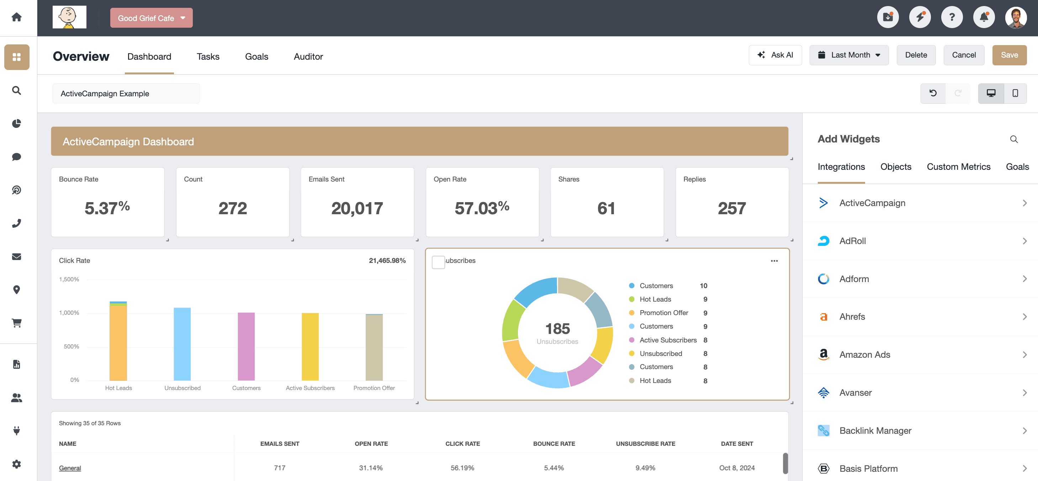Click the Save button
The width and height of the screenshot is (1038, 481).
(1009, 55)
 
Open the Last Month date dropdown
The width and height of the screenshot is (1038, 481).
(849, 55)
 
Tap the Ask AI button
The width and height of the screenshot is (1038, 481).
(775, 55)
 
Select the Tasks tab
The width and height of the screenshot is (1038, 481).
(208, 57)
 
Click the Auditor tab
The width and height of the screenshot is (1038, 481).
(308, 57)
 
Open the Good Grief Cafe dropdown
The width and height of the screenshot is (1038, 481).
(151, 18)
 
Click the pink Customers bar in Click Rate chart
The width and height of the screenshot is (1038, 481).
(246, 346)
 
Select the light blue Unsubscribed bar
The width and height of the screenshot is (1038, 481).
(182, 344)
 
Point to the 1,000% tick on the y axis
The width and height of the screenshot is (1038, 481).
(69, 313)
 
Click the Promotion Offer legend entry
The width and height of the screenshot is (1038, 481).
(664, 313)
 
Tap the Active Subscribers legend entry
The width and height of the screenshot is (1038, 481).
(668, 340)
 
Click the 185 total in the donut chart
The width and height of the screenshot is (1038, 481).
(557, 329)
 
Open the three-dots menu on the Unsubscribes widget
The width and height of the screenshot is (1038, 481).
(774, 261)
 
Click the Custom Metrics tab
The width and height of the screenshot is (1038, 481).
(958, 167)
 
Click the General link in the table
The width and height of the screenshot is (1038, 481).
(70, 468)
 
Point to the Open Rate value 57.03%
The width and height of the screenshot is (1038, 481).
(482, 208)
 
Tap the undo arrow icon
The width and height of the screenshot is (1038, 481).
(933, 93)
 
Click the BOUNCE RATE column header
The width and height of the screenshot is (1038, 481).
(554, 444)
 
